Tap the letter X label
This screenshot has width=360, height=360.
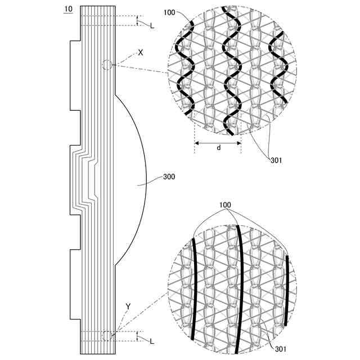click(x=140, y=52)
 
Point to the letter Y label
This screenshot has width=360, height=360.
click(x=128, y=307)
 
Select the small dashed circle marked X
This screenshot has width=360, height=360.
click(x=107, y=65)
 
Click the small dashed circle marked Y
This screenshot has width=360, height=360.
click(x=107, y=336)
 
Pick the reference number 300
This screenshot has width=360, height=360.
click(x=168, y=177)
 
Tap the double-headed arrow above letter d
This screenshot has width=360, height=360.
click(x=218, y=143)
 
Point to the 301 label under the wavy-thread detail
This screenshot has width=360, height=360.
click(x=276, y=160)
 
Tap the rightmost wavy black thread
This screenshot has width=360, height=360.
click(x=278, y=65)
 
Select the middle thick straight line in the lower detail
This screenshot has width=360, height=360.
click(x=241, y=287)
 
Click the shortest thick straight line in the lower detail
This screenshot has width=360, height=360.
click(x=286, y=290)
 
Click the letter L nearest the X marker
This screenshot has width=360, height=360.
click(x=151, y=26)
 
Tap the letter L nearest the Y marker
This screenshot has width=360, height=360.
click(x=151, y=341)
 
